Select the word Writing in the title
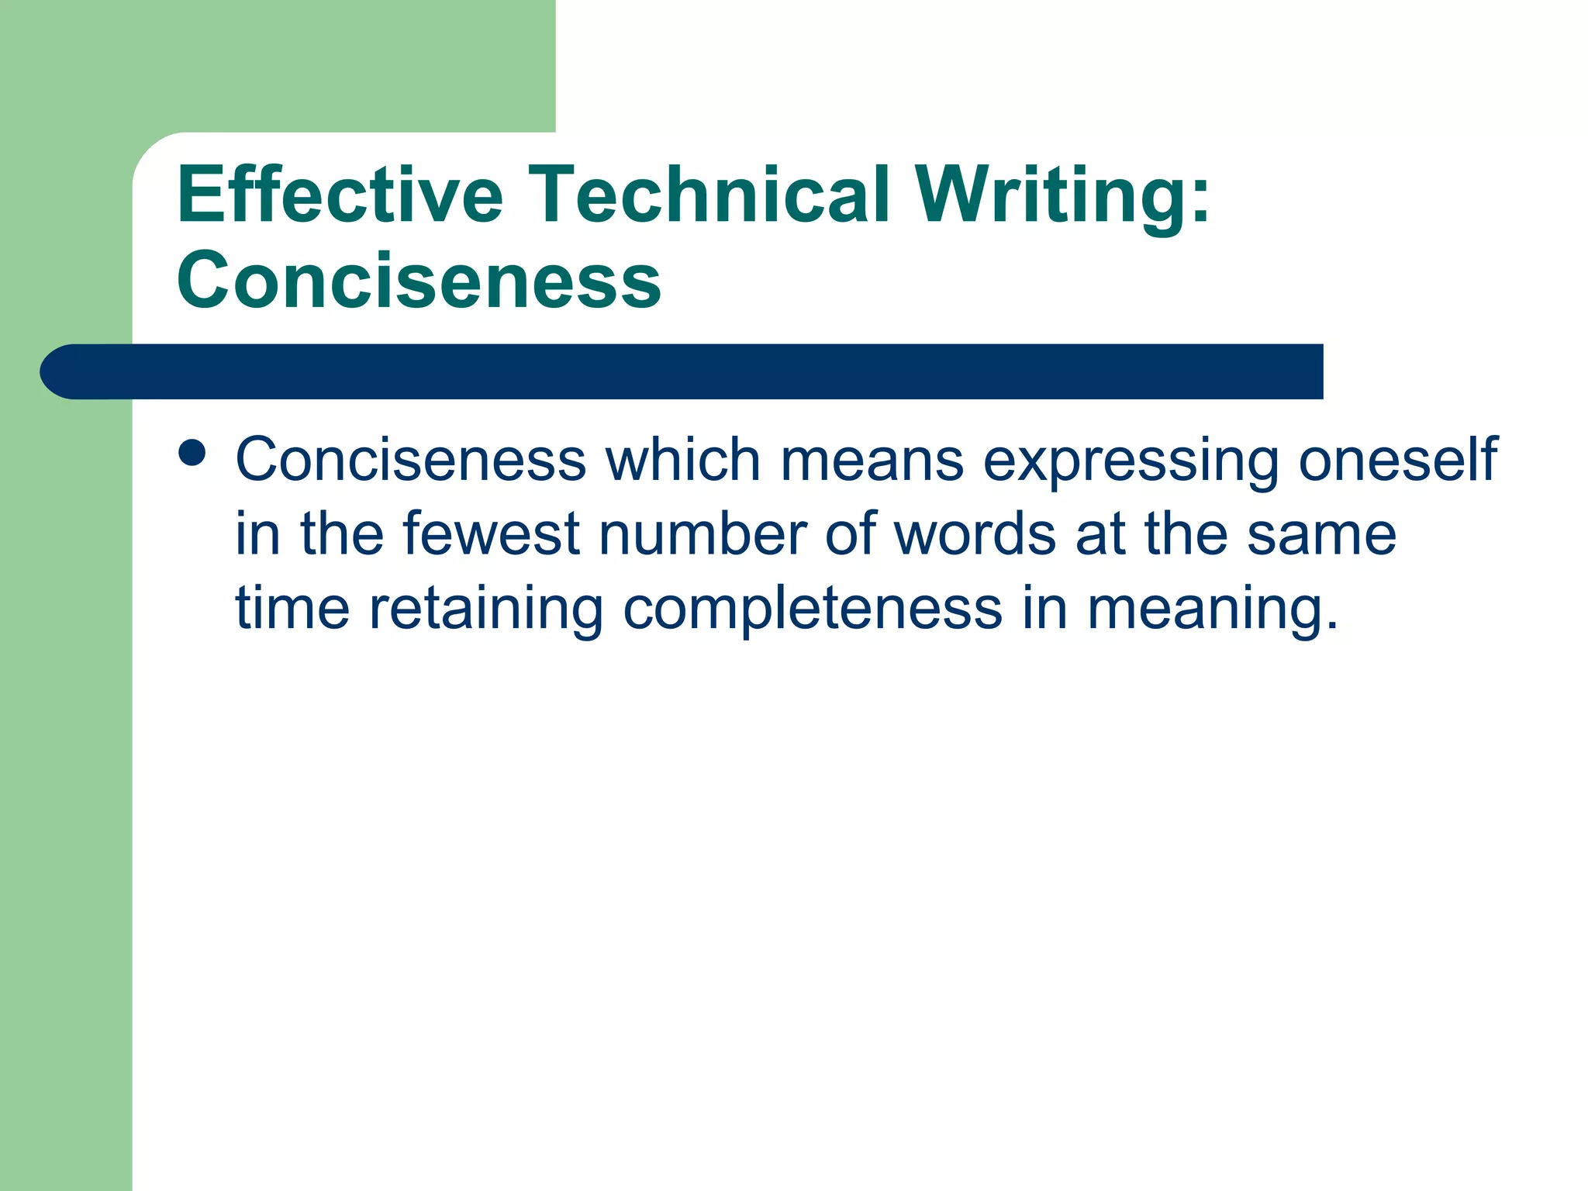1044,195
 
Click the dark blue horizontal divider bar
682,371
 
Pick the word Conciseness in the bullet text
410,460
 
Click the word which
682,460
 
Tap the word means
872,460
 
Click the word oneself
1397,460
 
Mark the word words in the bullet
975,533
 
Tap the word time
292,608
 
